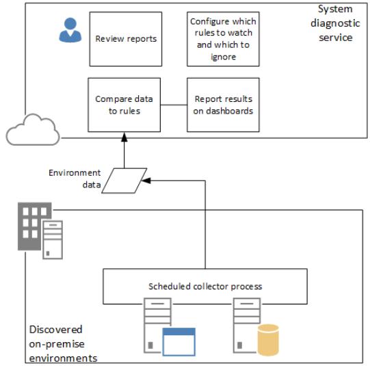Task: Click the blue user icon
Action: tap(70, 30)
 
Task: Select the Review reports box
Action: tap(126, 39)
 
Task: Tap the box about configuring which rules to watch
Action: tap(223, 39)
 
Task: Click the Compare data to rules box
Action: tap(124, 105)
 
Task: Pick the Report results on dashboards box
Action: tap(223, 105)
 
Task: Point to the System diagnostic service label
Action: tap(335, 23)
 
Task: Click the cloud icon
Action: tap(33, 129)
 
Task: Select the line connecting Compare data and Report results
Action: tap(174, 105)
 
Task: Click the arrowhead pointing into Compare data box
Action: tap(124, 137)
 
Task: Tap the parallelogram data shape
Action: tap(124, 181)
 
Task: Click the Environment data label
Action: tap(75, 179)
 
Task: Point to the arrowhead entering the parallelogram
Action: tap(146, 181)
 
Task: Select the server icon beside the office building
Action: tap(53, 239)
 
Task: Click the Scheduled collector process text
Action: tap(205, 286)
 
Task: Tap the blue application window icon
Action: tap(179, 341)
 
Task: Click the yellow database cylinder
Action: tap(268, 340)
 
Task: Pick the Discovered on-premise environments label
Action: tap(63, 344)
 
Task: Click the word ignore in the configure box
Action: tap(223, 57)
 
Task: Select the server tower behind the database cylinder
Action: tap(247, 326)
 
